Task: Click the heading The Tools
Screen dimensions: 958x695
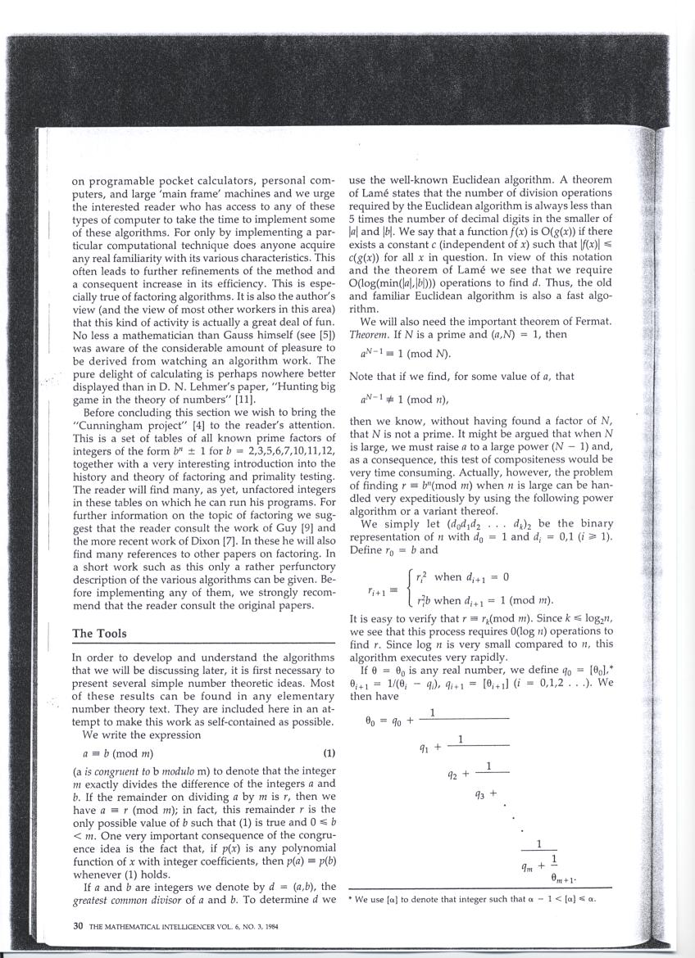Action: (104, 633)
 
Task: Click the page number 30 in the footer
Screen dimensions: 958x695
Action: (78, 926)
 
